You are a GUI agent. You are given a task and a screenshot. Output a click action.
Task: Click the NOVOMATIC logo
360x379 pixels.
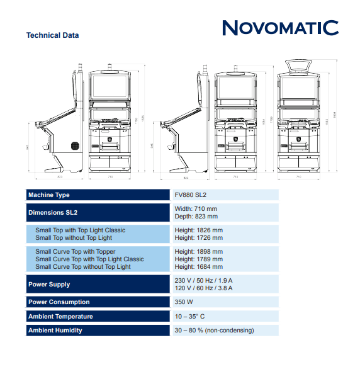[280, 28]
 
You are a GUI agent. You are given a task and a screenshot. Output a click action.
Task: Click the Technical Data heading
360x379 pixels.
[52, 35]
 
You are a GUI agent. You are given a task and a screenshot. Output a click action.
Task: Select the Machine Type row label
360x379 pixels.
[49, 195]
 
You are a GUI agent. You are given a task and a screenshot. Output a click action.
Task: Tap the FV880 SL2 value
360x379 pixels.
[191, 195]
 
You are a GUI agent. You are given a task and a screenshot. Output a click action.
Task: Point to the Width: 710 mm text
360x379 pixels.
[196, 208]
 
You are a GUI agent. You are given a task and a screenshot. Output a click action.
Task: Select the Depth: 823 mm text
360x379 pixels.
[196, 216]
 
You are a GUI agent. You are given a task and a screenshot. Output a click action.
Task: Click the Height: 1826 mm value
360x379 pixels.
[198, 230]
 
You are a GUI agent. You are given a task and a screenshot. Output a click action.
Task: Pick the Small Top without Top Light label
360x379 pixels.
[74, 238]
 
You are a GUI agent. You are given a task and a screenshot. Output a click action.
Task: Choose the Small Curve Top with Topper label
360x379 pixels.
[76, 252]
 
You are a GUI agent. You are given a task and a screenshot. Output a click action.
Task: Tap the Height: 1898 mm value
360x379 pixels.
[198, 252]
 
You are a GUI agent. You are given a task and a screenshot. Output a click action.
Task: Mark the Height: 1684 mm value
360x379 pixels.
[198, 267]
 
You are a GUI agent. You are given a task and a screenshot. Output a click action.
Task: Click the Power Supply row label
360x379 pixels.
[49, 285]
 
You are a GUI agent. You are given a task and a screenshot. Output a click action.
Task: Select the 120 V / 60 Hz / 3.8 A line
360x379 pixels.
[203, 288]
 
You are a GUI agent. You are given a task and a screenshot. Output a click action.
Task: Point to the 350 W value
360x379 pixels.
[184, 302]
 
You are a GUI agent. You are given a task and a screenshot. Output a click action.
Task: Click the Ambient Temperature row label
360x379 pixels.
[60, 316]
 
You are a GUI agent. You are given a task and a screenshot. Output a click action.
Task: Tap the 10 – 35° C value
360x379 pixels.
[190, 316]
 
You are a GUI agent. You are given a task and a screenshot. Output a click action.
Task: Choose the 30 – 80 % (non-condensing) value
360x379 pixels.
[214, 330]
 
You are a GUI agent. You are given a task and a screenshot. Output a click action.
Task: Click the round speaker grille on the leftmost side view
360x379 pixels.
[76, 145]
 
